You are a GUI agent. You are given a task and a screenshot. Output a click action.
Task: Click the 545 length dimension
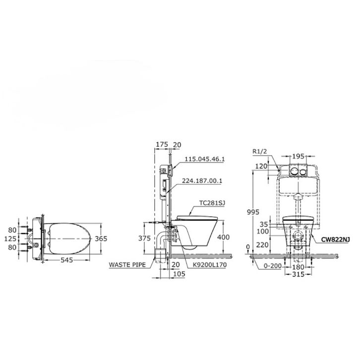click(x=67, y=260)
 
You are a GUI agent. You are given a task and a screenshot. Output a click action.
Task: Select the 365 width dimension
click(x=101, y=239)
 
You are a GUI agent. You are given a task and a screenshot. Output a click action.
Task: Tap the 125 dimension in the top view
click(x=10, y=239)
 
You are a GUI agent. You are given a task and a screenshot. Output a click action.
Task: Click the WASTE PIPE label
click(x=127, y=265)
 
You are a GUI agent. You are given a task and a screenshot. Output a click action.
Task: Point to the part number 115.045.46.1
click(x=205, y=159)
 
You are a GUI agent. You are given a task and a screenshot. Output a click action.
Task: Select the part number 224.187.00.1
click(x=202, y=180)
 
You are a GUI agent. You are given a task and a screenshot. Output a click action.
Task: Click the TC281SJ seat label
click(x=212, y=203)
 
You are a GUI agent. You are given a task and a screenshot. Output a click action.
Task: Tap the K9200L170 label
click(x=210, y=265)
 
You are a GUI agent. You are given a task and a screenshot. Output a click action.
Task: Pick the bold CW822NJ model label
click(x=335, y=240)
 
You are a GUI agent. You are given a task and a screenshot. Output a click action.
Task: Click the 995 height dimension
click(x=253, y=212)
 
